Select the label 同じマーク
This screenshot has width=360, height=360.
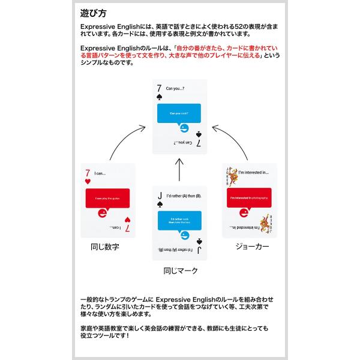(x=181, y=271)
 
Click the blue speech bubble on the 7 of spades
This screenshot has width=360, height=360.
(x=180, y=114)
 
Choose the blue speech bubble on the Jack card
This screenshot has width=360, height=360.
(x=180, y=221)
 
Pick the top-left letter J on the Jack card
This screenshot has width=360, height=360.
(x=159, y=196)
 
